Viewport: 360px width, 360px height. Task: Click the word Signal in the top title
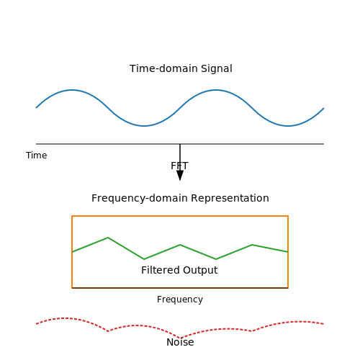(x=217, y=69)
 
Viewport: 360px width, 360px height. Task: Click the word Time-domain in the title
(x=164, y=68)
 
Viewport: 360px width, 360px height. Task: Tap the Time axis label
(x=37, y=156)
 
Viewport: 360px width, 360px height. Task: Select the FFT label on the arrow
(x=179, y=166)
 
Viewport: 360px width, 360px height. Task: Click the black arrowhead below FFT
(x=180, y=175)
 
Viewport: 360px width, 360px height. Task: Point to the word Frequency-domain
(x=140, y=198)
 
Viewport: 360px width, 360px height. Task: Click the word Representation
(x=230, y=199)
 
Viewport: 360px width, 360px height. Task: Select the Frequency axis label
(x=180, y=300)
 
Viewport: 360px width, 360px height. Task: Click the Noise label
(x=180, y=342)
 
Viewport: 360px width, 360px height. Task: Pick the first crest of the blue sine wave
(x=72, y=90)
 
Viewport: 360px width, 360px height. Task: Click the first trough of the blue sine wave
(x=144, y=126)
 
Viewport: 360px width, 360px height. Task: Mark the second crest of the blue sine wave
(x=216, y=90)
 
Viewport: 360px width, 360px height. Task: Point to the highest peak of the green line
(x=108, y=238)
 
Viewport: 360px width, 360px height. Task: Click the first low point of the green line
(x=144, y=259)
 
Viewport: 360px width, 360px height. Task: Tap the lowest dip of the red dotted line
(x=180, y=338)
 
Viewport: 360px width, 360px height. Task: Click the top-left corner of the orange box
(x=72, y=216)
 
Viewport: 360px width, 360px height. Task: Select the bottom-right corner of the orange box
(x=288, y=288)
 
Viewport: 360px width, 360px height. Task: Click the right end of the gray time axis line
(x=324, y=144)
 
